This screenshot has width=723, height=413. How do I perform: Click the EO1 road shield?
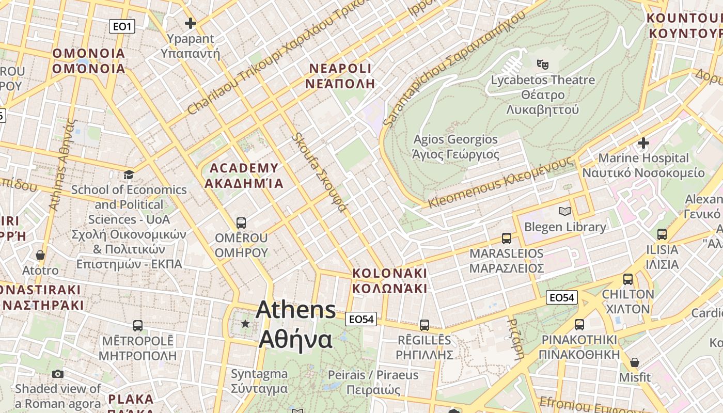[x=122, y=26]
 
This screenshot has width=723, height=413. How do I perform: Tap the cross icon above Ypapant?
[x=191, y=23]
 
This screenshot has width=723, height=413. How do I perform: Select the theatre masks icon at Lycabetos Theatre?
[x=542, y=64]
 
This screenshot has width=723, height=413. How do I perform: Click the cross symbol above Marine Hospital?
[x=643, y=142]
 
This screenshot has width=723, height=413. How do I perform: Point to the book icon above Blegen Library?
[x=565, y=211]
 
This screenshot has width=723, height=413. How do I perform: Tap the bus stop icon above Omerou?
[x=241, y=223]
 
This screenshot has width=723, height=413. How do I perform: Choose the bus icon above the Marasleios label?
[x=507, y=239]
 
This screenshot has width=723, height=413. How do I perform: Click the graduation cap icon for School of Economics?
[x=129, y=174]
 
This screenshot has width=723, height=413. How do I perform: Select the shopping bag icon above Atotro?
[x=40, y=255]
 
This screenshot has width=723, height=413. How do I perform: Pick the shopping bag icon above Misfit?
[x=635, y=362]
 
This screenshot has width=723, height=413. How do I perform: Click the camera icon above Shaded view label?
[x=58, y=374]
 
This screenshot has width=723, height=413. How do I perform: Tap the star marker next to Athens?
[x=245, y=324]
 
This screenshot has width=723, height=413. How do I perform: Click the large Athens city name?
[x=296, y=324]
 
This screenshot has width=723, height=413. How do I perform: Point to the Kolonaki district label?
[x=390, y=280]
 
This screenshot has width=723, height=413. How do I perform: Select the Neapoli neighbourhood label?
[x=340, y=76]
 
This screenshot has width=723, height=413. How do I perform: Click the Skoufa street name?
[x=319, y=172]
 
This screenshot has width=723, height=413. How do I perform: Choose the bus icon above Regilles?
[x=425, y=325]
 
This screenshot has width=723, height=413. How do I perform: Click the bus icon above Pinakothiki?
[x=579, y=325]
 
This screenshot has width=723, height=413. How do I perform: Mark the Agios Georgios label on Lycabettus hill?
[x=455, y=147]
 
